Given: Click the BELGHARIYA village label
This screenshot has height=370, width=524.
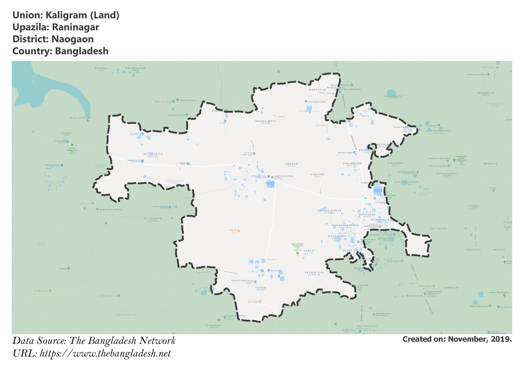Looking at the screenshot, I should [153, 154].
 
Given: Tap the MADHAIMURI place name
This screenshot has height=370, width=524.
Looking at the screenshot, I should [265, 121].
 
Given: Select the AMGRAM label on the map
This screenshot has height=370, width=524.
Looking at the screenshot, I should [291, 164].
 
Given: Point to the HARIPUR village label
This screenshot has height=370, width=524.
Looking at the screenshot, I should [317, 175].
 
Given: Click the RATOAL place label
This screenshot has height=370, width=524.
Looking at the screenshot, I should [261, 287].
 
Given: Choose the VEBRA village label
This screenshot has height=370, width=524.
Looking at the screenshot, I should [309, 251].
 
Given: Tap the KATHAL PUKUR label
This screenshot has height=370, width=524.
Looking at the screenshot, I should [329, 211].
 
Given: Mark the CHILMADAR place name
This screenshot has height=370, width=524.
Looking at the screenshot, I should [352, 163].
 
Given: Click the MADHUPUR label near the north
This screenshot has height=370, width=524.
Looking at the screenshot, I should [317, 90].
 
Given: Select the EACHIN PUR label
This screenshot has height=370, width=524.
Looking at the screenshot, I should [314, 273].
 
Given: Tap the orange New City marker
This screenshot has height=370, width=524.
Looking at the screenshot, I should [238, 231].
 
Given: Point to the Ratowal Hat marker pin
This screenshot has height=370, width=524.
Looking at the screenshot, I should [268, 270].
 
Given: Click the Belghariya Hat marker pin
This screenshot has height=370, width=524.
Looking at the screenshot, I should [142, 161].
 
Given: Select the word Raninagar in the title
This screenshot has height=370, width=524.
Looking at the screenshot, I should [75, 27].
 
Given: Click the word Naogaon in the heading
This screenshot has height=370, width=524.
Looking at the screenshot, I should [72, 39].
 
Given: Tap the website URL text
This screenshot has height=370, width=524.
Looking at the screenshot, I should [105, 353].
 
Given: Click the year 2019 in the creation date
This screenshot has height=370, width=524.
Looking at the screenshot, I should [501, 339].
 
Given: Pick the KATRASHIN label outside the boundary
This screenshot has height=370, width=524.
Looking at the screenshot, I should [153, 218].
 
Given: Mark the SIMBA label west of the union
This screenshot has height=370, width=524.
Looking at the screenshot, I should [66, 133].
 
